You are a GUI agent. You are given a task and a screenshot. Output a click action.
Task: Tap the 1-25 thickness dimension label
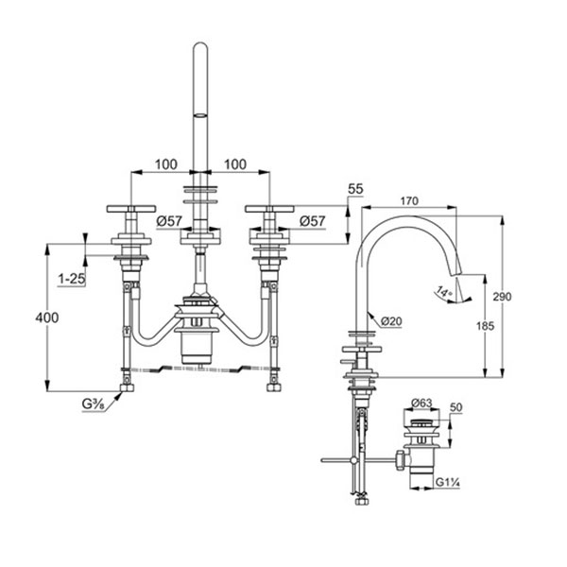click(x=71, y=280)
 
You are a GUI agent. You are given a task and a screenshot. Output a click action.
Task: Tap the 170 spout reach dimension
click(x=410, y=200)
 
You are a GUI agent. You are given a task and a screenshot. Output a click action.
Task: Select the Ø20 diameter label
click(x=394, y=320)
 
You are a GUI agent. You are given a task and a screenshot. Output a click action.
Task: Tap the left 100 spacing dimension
click(x=165, y=164)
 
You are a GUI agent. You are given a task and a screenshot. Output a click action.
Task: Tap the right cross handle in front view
click(x=270, y=209)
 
